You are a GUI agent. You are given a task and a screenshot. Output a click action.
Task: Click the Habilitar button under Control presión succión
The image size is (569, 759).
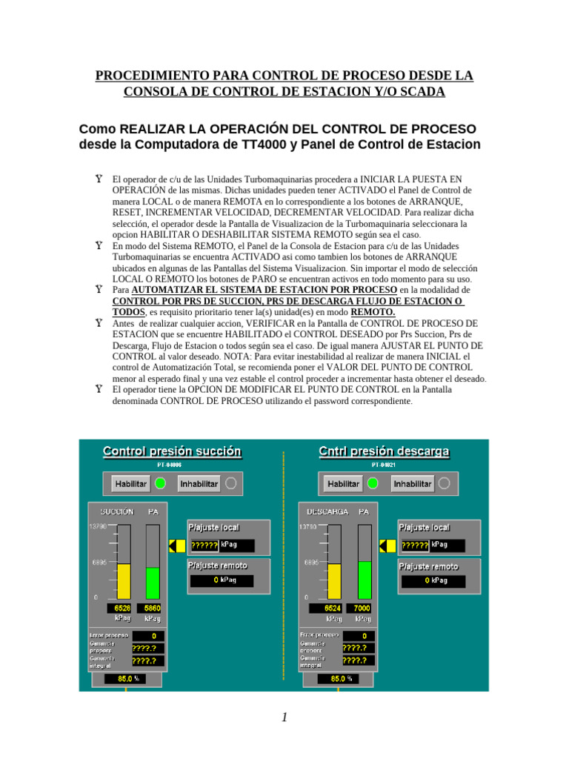tap(130, 483)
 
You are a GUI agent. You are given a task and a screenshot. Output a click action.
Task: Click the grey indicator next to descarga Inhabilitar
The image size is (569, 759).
tap(444, 483)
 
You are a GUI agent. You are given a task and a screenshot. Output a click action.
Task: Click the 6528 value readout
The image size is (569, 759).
tap(124, 608)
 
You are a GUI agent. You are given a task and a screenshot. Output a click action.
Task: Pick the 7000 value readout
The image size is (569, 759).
tap(362, 608)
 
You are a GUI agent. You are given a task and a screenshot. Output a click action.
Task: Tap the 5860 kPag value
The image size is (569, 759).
tap(153, 608)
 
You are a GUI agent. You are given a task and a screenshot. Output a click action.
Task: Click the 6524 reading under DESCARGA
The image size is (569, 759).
tap(333, 608)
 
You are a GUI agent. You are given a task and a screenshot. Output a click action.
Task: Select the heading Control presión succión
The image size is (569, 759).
tap(171, 451)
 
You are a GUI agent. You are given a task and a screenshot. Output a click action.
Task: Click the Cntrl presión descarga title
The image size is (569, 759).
tap(384, 451)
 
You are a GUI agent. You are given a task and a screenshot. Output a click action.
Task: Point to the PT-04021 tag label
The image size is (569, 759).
tap(384, 465)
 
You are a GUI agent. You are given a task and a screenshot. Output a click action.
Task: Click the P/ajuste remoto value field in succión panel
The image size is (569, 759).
tap(222, 580)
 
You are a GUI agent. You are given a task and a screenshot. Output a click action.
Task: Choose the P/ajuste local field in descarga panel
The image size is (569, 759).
tap(433, 545)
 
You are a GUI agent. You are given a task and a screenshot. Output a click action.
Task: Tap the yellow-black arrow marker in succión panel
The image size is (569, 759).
tap(177, 546)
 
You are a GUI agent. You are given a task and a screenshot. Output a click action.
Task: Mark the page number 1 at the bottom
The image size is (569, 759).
tap(284, 717)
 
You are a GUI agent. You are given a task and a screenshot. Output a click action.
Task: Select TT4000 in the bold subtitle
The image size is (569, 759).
tap(267, 145)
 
